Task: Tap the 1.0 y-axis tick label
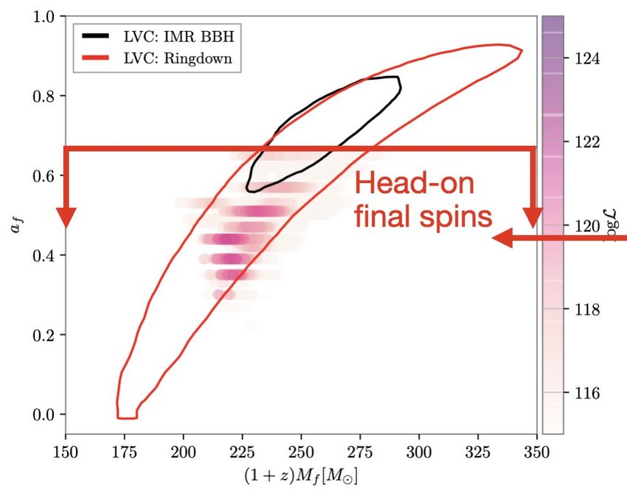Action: (x=46, y=16)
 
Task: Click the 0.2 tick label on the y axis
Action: (x=46, y=335)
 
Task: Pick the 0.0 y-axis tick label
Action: (x=46, y=415)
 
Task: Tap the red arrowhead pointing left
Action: (x=504, y=238)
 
